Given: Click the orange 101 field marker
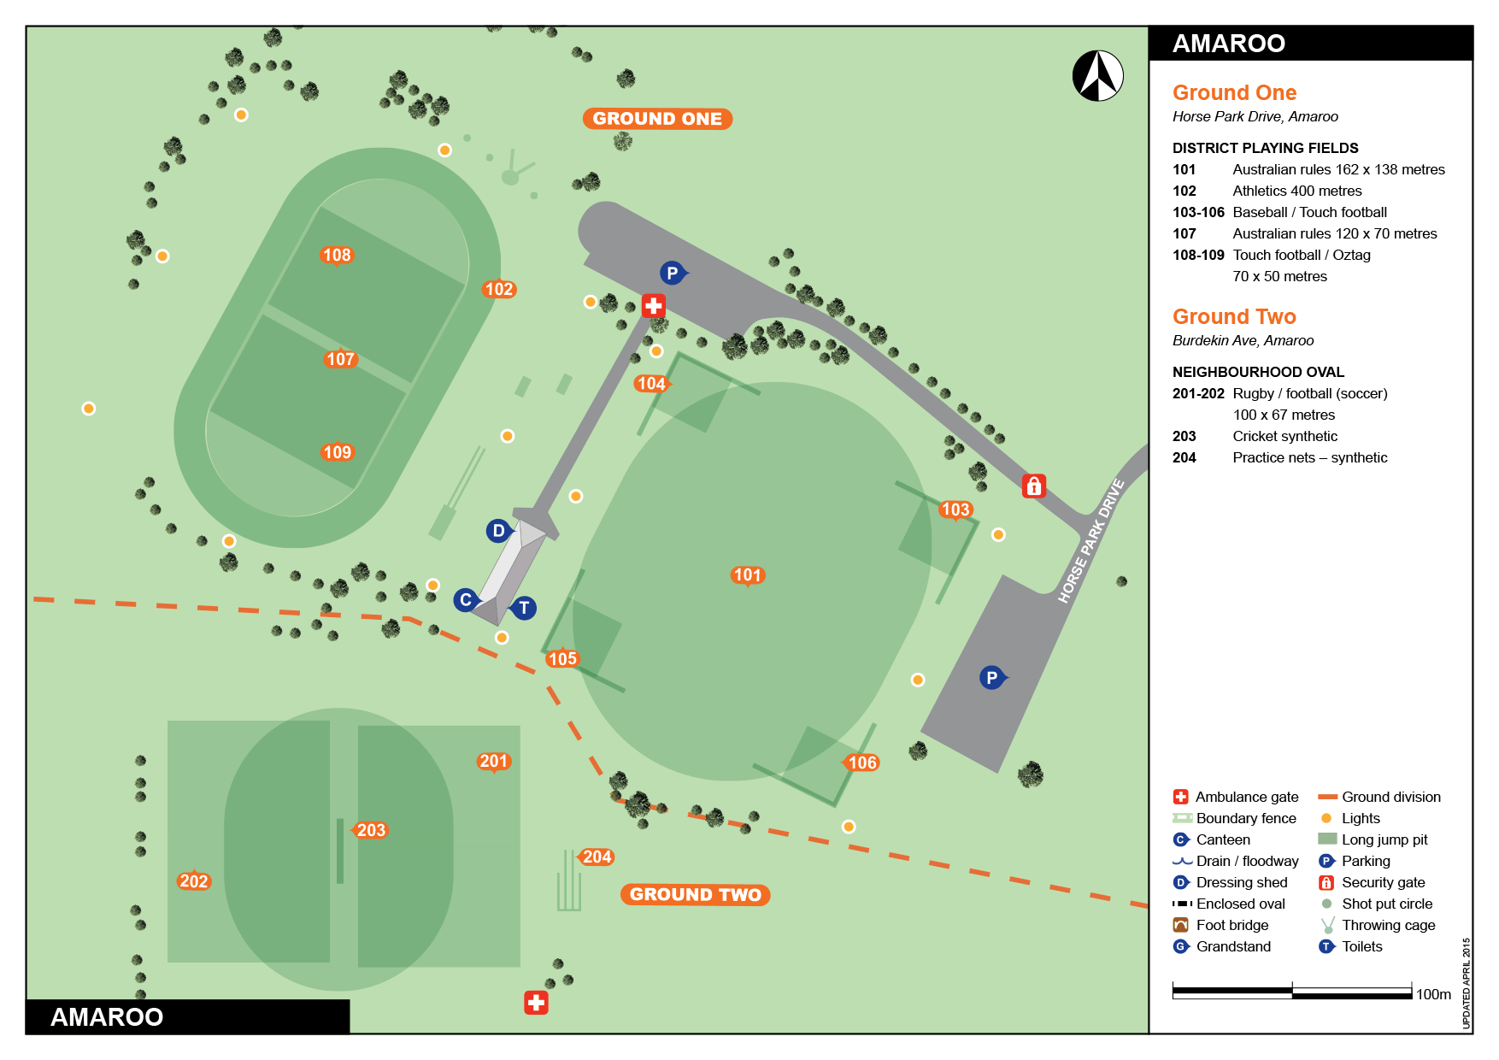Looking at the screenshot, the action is [747, 575].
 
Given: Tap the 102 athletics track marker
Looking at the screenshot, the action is [498, 289].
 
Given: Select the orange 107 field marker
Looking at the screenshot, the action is [340, 359].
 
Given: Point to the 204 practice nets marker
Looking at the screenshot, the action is [597, 857].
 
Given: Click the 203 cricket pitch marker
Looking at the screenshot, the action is [371, 830].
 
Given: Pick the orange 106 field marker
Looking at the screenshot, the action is [861, 763].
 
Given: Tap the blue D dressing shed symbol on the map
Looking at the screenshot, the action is [498, 531].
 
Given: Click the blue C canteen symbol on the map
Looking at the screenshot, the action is [465, 599].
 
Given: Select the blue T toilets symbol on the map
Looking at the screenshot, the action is [524, 608].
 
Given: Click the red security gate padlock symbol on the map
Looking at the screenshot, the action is [1034, 486].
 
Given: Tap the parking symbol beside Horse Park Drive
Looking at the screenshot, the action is [991, 678].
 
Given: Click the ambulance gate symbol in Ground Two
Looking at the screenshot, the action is [536, 1003].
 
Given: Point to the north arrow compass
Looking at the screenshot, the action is [1098, 76].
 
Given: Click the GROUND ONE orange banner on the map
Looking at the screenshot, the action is [657, 119].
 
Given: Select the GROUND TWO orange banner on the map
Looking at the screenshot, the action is [695, 894].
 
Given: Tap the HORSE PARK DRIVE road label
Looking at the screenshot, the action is [1090, 542].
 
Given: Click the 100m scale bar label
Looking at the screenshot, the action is [1433, 994].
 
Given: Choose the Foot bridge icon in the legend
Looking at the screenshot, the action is [1181, 925].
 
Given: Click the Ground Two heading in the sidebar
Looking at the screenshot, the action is [1234, 316].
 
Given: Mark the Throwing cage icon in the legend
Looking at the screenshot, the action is [1327, 925].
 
